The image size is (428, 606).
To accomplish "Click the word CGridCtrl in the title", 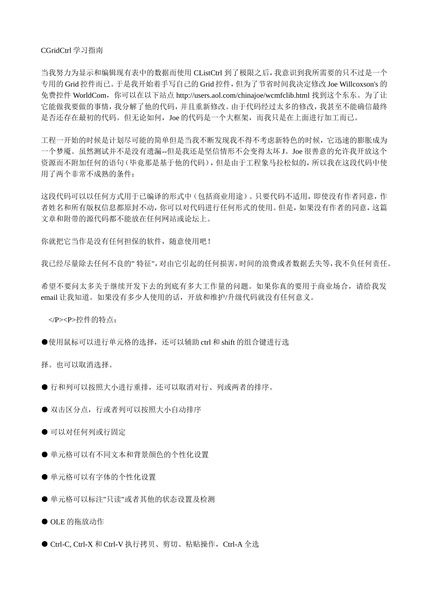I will point(56,50).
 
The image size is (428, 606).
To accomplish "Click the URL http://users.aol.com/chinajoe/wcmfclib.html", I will point(242,96).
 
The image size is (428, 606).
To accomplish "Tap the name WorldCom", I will point(91,96).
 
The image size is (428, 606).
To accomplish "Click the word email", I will point(49,298).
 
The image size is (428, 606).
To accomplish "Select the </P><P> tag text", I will point(62,320).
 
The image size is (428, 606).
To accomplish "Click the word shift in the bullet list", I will point(228,343).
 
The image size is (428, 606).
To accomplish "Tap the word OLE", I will point(58,522).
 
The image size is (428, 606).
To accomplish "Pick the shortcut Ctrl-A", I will point(232,545).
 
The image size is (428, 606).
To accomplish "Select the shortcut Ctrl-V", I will point(114,545).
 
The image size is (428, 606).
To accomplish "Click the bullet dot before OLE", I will point(45,522).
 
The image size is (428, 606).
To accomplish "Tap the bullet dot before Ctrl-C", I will point(45,545).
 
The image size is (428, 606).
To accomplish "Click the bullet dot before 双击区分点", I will point(45,410).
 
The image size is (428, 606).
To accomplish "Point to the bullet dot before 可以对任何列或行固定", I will point(45,432).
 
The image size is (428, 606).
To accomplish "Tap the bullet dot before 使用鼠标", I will point(45,343).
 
